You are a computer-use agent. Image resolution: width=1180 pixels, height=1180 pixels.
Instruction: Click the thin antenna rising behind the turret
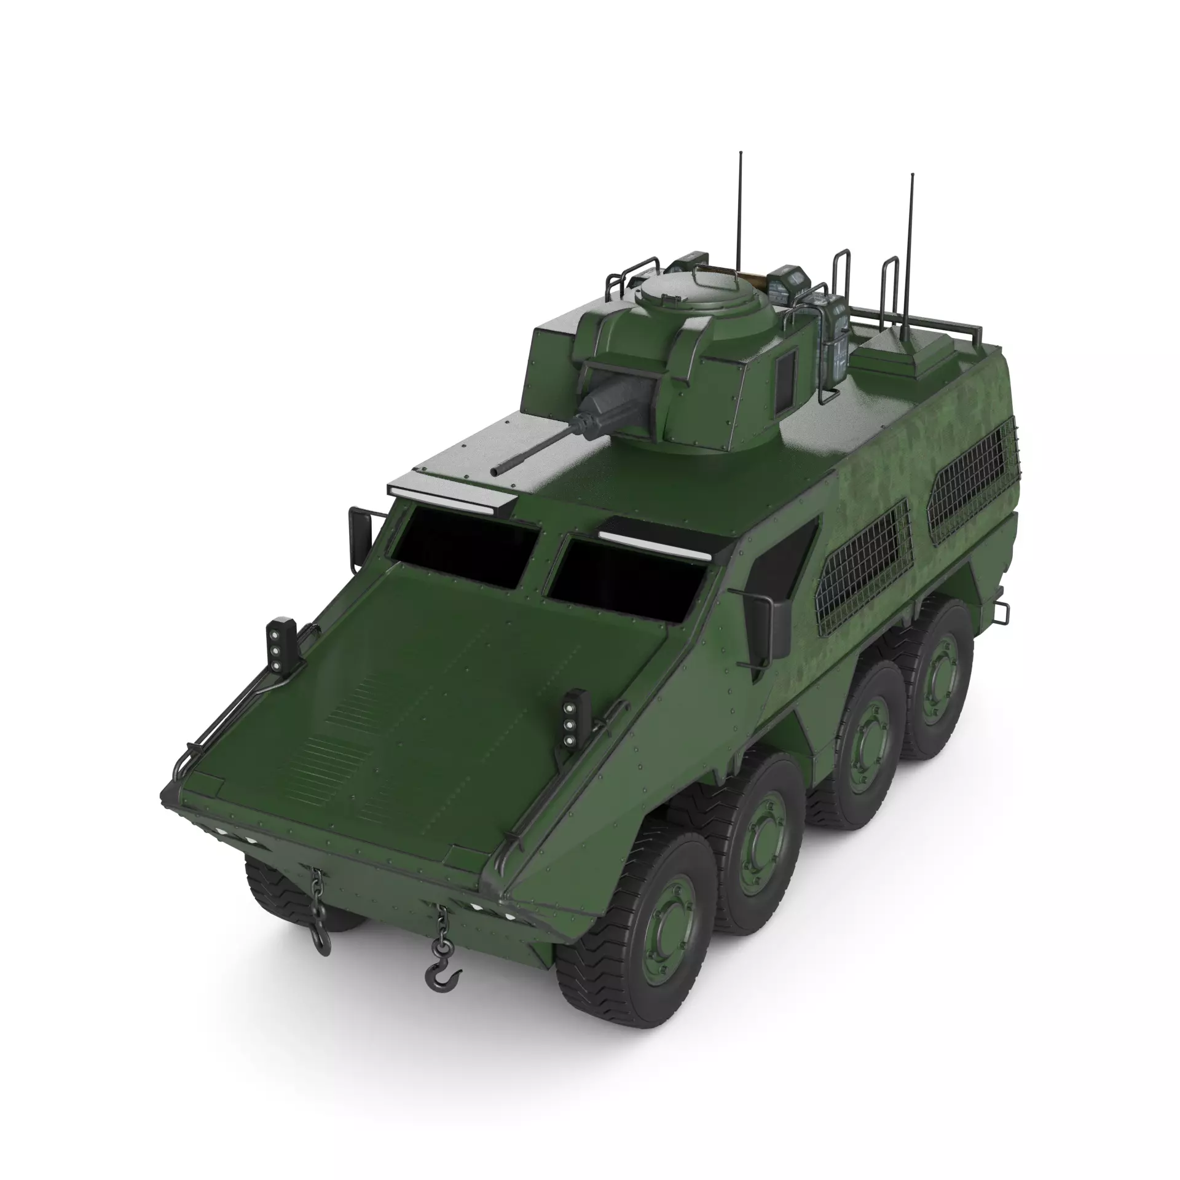(x=741, y=209)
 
